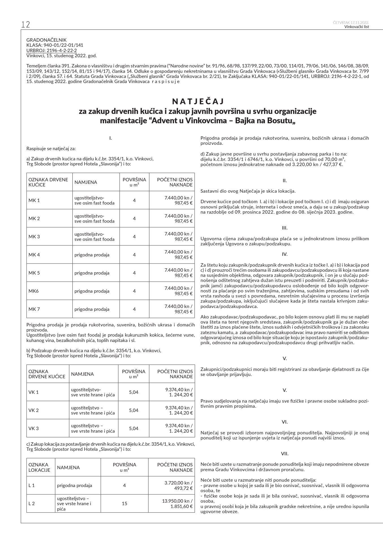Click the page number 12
[25, 25]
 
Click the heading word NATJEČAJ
[198, 101]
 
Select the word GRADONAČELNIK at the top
[46, 40]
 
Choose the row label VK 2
[34, 410]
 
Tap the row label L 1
[32, 485]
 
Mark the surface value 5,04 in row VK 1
[134, 392]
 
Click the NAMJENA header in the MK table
[86, 182]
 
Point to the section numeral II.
[285, 180]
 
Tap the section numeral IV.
[285, 254]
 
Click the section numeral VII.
[285, 454]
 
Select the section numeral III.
[285, 228]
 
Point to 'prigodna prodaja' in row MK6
[92, 291]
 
